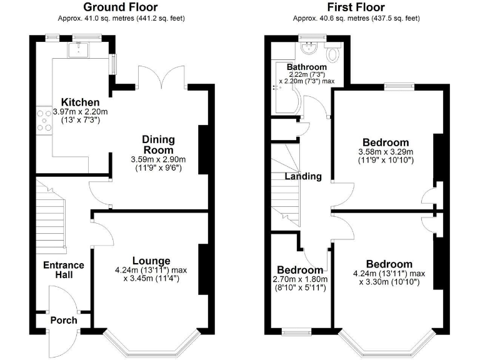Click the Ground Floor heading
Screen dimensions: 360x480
[x=121, y=7]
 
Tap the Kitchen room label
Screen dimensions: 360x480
[x=80, y=102]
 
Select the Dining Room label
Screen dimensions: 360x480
[x=158, y=144]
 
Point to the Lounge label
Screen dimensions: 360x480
[x=151, y=261]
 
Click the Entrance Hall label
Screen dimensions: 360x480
[x=63, y=270]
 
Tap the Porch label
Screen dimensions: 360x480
[x=64, y=320]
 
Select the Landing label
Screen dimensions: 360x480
[x=303, y=176]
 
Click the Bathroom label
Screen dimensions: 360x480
[x=306, y=67]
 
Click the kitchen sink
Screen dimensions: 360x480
[x=80, y=50]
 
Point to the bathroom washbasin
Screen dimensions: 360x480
[x=308, y=48]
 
